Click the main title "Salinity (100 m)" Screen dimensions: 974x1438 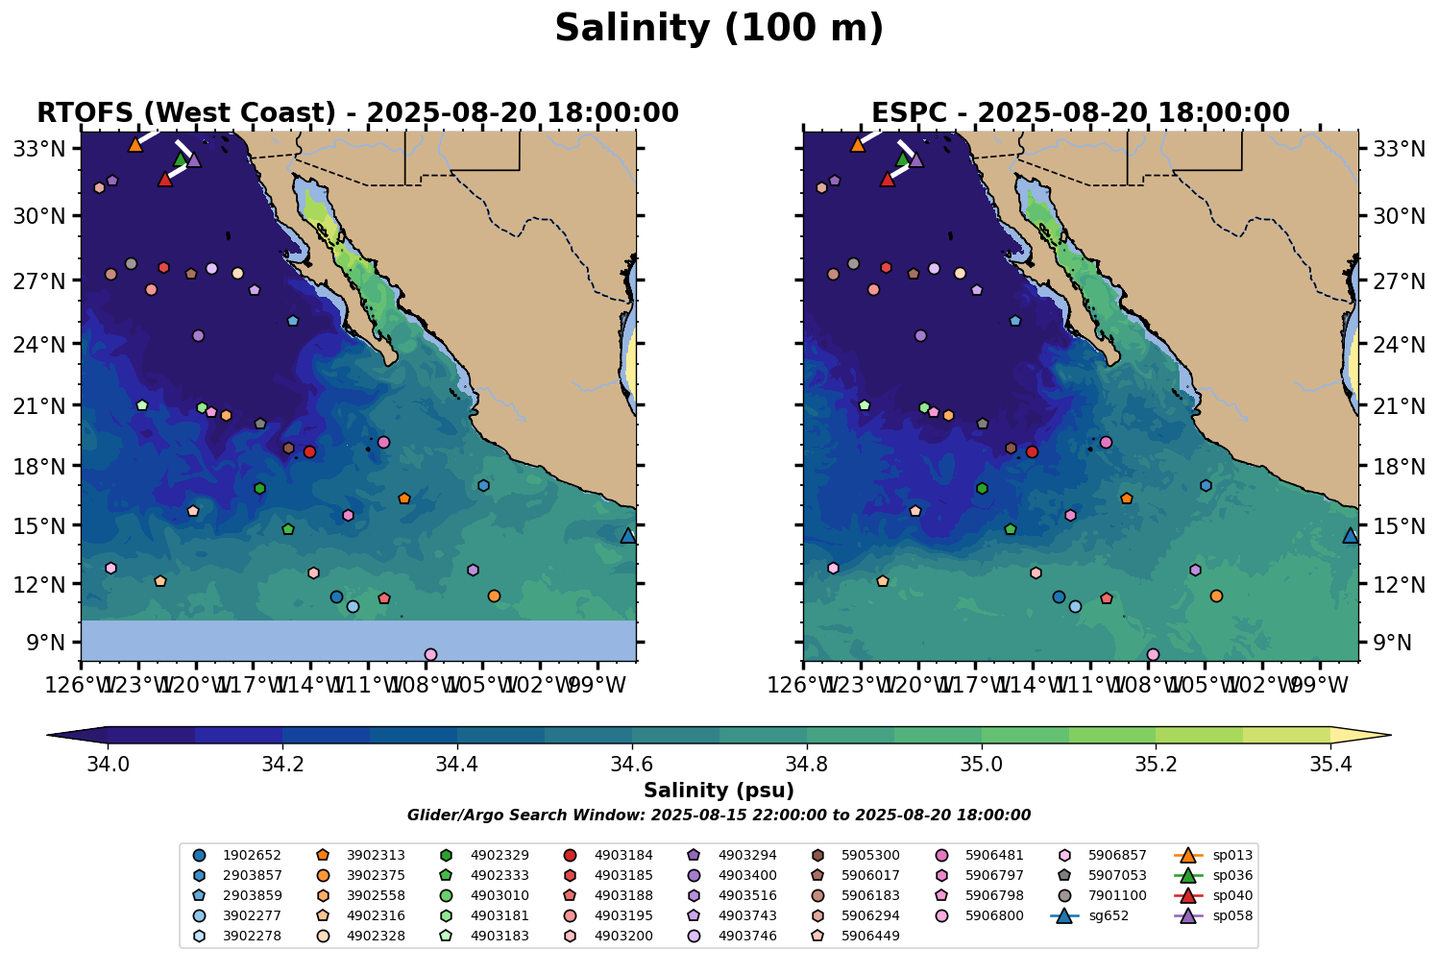coord(719,29)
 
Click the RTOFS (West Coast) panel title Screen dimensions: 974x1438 coord(357,113)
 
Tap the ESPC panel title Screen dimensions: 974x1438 coord(1080,113)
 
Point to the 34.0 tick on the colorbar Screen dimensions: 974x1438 coord(108,765)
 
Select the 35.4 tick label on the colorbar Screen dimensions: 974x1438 coord(1330,765)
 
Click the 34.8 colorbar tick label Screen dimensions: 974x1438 coord(806,765)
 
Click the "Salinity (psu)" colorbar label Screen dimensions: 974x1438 coord(719,791)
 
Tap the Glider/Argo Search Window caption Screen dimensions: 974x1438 coord(719,816)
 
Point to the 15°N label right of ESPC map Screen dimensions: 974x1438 coord(1392,526)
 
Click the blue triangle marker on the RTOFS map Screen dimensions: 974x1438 coord(628,536)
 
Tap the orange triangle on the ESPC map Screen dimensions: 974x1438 coord(858,145)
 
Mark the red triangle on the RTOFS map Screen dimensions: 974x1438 coord(165,180)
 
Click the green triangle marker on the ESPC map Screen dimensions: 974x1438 coord(902,159)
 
